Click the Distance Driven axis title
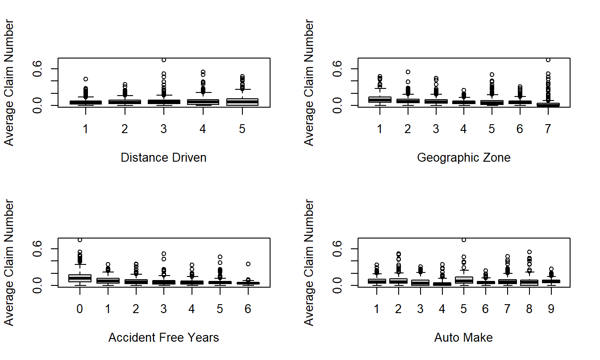click(x=163, y=158)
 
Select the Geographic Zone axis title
click(x=463, y=158)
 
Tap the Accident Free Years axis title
click(x=163, y=338)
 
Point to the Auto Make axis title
click(x=463, y=338)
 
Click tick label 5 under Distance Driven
click(x=242, y=130)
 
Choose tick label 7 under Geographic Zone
click(x=548, y=130)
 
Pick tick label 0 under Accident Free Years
click(x=80, y=310)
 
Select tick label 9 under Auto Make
click(x=551, y=310)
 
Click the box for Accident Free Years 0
click(x=80, y=278)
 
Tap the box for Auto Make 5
click(x=464, y=280)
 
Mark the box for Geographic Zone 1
click(x=380, y=100)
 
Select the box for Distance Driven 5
click(x=242, y=102)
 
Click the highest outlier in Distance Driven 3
click(x=164, y=60)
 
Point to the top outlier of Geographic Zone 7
click(x=548, y=60)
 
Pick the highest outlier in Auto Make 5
click(x=464, y=240)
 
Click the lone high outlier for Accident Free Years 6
click(x=248, y=264)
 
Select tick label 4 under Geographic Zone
click(x=464, y=130)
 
